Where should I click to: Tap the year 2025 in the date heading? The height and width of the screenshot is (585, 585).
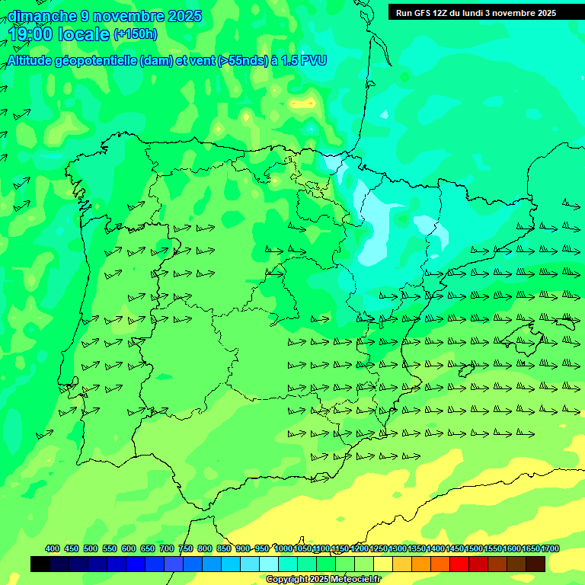181,16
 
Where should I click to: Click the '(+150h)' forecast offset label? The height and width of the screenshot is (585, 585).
135,34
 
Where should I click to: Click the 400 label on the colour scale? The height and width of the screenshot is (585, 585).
53,548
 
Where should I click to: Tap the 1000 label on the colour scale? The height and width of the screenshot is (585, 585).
283,548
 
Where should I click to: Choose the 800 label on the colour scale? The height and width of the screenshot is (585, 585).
205,548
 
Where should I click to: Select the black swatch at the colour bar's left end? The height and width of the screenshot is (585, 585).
40,564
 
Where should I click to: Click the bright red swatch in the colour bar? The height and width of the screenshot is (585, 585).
459,564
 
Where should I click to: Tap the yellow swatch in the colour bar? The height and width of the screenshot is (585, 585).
383,564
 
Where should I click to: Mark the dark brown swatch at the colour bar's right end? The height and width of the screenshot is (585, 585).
535,564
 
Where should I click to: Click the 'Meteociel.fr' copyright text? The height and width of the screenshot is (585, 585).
354,579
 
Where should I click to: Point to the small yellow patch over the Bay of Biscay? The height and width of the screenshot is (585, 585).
303,103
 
